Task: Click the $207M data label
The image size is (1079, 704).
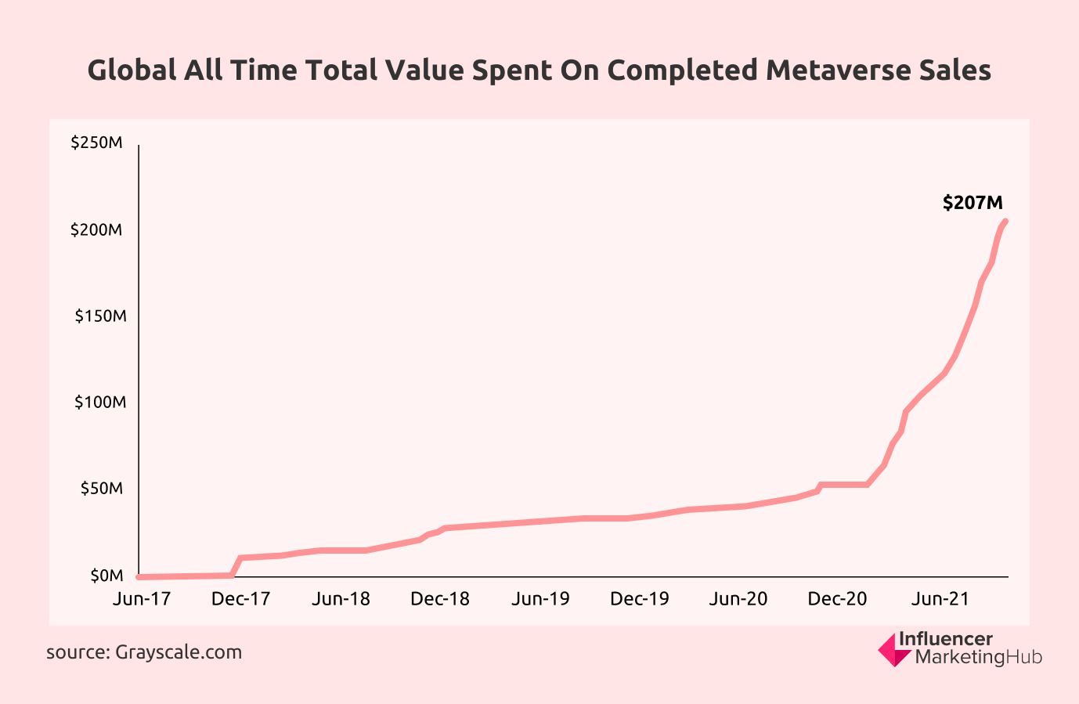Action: [973, 203]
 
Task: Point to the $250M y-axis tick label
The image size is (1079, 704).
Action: [96, 143]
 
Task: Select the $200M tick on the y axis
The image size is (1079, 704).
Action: [96, 230]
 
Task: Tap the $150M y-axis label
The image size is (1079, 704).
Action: [99, 316]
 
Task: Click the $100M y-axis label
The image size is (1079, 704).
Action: [99, 403]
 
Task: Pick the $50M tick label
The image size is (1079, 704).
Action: [102, 489]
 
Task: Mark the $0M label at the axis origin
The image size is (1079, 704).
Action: [106, 576]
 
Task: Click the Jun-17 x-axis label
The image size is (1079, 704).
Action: [142, 599]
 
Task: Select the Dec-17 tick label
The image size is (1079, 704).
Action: [240, 599]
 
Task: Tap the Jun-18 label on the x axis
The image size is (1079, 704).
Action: [341, 599]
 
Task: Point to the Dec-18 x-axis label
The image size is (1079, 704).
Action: [440, 599]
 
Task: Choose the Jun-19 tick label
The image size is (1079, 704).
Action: [540, 599]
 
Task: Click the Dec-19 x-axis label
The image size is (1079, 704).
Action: [640, 599]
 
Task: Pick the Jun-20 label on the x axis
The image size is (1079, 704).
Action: [738, 599]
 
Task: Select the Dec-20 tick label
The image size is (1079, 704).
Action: [838, 599]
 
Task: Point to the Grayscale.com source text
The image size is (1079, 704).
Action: [179, 652]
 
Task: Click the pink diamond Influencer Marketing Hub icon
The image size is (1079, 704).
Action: [893, 650]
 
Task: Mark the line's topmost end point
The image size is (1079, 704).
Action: [1005, 222]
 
